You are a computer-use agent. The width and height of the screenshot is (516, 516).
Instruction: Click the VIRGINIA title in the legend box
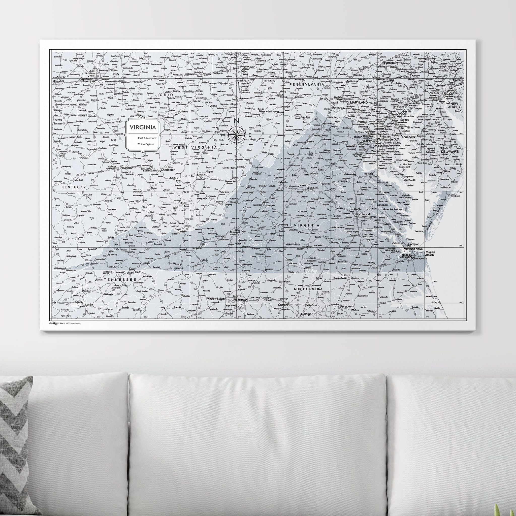143,127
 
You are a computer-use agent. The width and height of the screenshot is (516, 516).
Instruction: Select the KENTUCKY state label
74,187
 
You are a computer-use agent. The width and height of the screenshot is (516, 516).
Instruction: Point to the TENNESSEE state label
118,279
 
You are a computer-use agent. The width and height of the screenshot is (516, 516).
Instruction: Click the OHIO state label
166,95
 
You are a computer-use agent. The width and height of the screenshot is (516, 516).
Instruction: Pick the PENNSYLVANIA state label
307,84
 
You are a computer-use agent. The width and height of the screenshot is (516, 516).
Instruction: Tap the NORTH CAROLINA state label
308,289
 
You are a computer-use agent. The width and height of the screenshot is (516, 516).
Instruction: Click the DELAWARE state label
449,151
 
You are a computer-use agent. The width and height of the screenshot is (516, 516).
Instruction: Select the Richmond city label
363,214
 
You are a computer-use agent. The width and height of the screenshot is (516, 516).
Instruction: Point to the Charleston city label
168,170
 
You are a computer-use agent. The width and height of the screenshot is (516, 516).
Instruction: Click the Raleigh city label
306,314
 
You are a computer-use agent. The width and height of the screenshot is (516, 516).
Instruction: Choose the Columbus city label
88,81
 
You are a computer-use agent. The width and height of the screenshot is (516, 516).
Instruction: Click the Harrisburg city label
391,63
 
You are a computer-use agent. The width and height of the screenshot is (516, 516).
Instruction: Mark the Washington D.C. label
388,139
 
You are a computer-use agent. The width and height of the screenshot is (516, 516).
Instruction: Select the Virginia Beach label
430,253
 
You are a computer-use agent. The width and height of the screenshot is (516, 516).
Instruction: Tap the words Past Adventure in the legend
146,138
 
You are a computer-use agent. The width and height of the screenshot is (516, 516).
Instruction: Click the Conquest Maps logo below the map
57,323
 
